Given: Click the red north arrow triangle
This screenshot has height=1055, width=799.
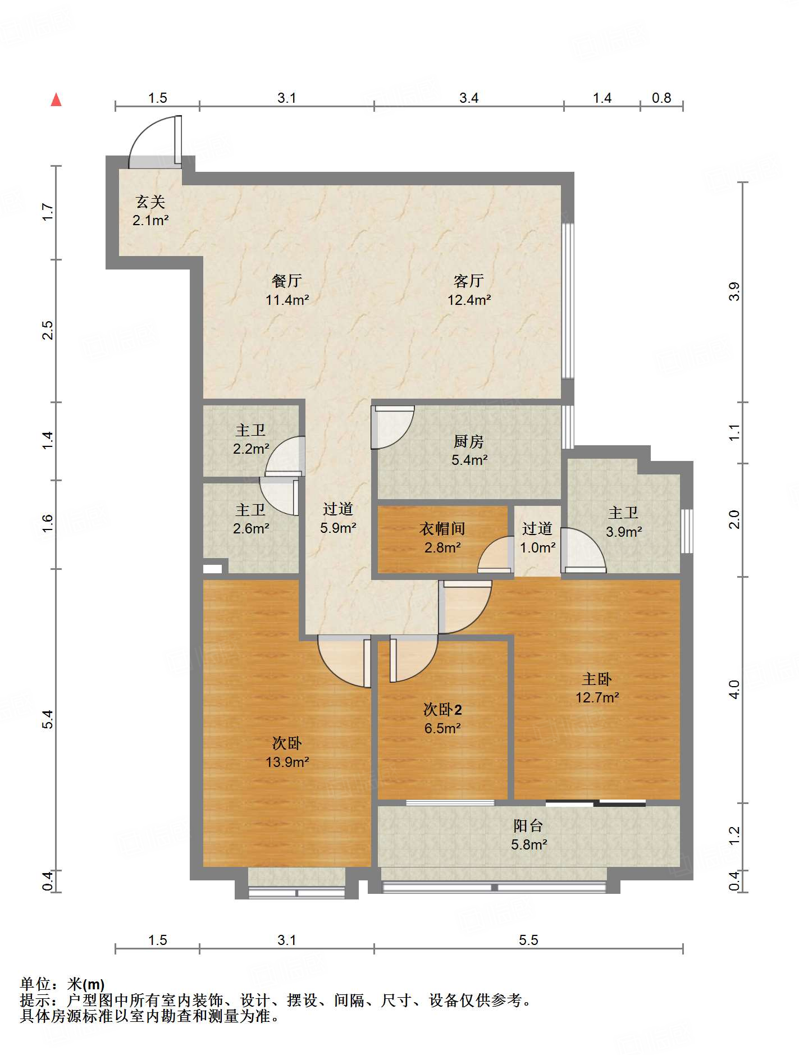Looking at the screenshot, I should [56, 100].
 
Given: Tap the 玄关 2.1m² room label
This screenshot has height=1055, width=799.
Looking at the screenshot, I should [150, 211].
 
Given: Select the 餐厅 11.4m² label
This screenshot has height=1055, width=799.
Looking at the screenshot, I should [287, 290].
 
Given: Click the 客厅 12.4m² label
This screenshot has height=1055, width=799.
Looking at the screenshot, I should [469, 290].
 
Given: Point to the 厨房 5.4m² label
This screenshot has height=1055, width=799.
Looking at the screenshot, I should [469, 451].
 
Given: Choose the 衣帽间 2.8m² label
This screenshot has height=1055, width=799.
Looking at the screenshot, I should [442, 538].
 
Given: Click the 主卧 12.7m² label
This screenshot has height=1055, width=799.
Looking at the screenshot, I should [597, 688].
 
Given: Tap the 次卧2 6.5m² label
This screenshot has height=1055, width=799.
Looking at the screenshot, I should [442, 719].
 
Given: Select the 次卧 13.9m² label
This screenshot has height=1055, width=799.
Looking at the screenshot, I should [287, 752].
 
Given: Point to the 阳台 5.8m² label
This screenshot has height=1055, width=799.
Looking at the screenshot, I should [528, 835].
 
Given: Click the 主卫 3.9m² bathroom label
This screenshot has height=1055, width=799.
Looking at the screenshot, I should [623, 522].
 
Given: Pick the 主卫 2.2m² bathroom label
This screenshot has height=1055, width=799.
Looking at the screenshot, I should [250, 440].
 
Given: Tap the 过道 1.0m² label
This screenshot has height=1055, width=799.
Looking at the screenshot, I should [537, 538].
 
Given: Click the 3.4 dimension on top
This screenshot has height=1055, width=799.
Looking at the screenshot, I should [469, 98].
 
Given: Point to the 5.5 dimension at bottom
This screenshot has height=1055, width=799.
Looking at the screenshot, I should [528, 940].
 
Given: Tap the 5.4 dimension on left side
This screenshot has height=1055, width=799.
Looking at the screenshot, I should [48, 719].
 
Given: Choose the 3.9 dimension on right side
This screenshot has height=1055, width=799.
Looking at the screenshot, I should [734, 292].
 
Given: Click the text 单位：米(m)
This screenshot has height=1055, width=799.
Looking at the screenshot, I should [62, 984].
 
